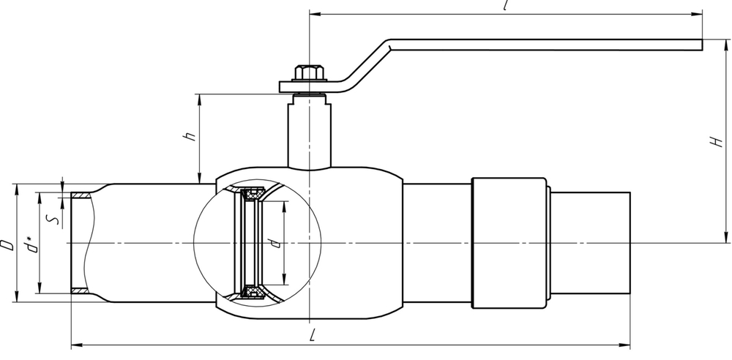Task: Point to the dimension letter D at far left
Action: point(7,244)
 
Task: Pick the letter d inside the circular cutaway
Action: point(273,242)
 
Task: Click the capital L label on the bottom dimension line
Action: point(313,335)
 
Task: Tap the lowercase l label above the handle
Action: point(506,5)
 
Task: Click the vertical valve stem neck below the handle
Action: point(308,132)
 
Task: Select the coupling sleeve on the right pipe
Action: point(509,242)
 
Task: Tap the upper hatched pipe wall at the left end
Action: point(81,195)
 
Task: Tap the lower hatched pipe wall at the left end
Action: point(81,291)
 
